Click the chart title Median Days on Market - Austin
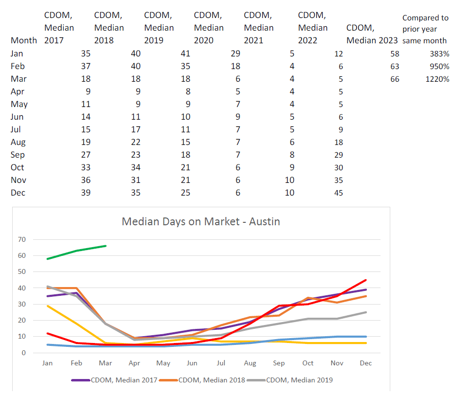coord(200,222)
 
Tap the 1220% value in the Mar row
coord(437,79)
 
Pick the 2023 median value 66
coord(394,79)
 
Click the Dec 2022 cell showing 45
coord(338,193)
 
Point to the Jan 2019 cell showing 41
coord(184,54)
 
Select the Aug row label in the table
coord(18,142)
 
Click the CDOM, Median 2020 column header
coord(208,28)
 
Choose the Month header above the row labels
coord(24,40)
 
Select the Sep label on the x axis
coord(279,363)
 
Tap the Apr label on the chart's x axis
coord(134,363)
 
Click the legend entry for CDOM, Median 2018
coord(209,380)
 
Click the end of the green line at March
coord(106,246)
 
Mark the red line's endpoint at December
coord(365,280)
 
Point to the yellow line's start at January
coord(48,306)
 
